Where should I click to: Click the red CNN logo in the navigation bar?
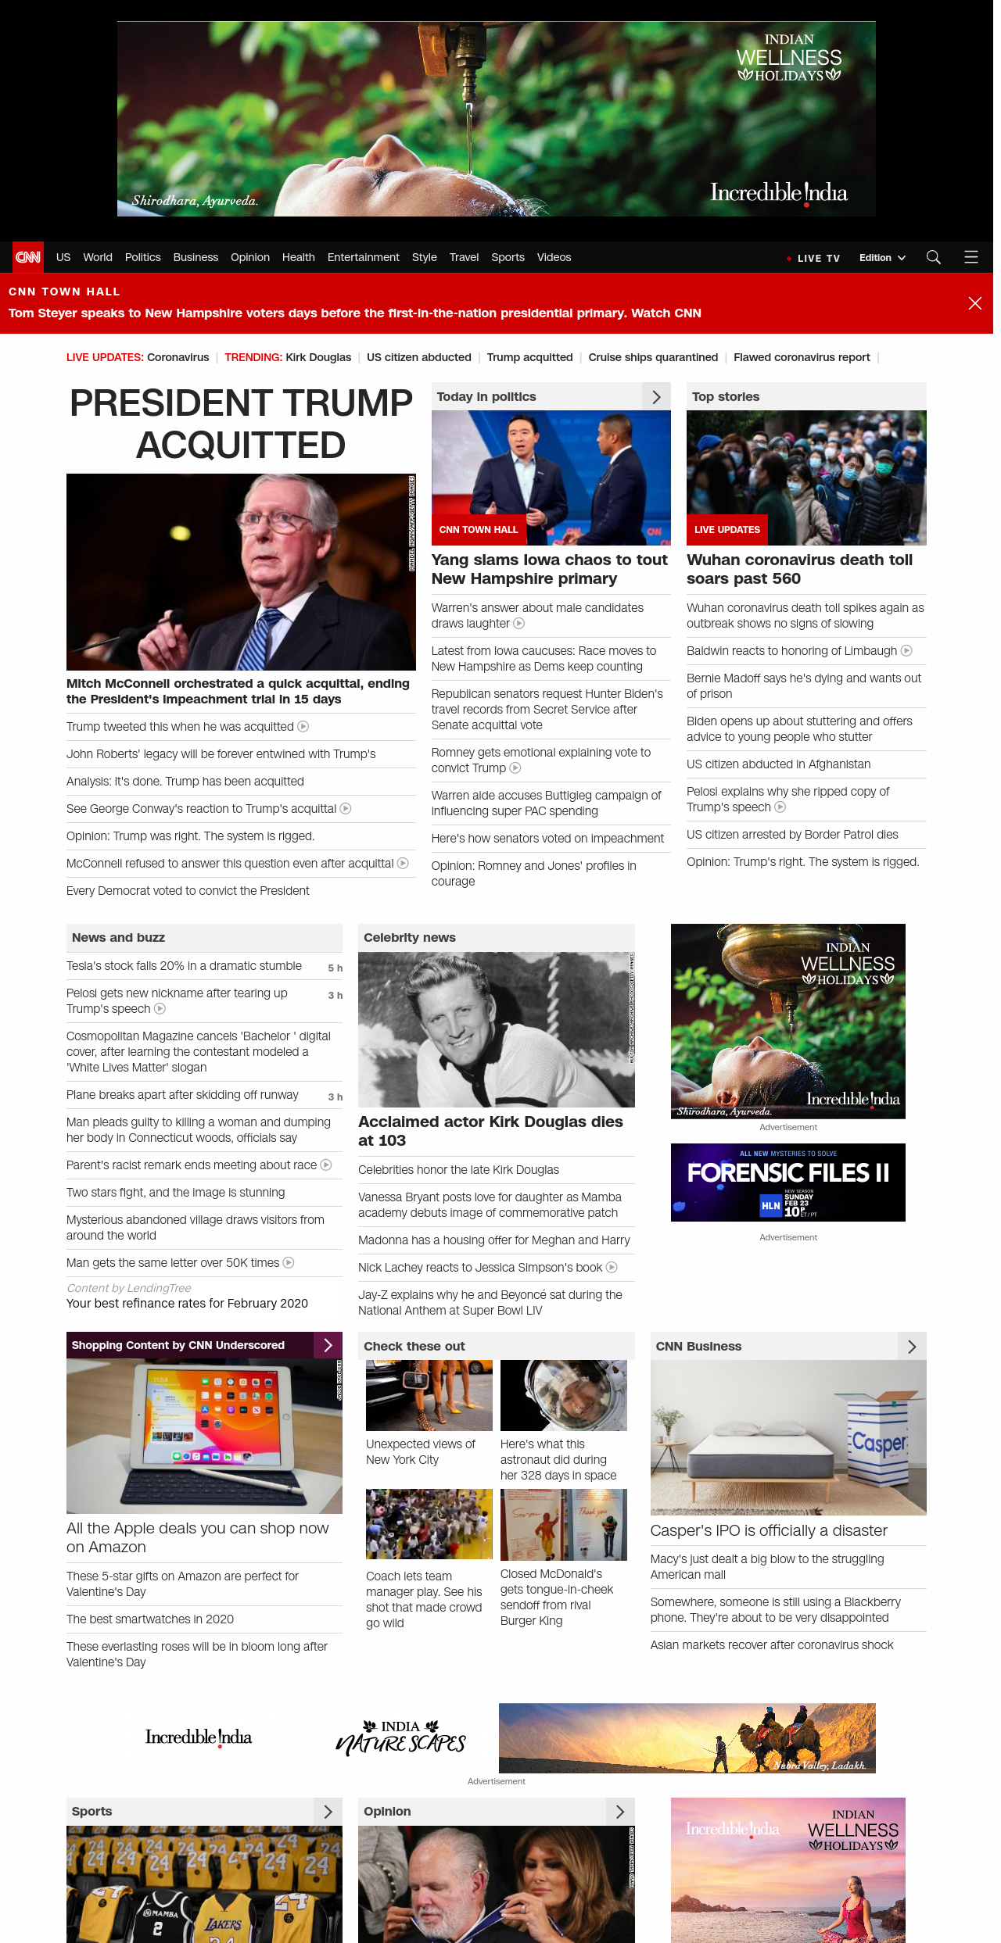(x=28, y=257)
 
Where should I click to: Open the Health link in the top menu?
(x=298, y=257)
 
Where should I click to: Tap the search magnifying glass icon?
(x=933, y=257)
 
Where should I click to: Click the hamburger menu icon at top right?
(x=971, y=257)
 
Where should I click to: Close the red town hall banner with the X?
(x=974, y=303)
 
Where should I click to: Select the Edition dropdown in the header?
(x=882, y=258)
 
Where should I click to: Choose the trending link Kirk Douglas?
(x=318, y=357)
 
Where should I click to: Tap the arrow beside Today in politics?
(x=656, y=397)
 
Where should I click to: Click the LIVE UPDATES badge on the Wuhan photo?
(x=727, y=530)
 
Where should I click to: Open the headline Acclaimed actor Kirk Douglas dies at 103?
(x=490, y=1131)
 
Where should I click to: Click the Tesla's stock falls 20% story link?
(x=184, y=966)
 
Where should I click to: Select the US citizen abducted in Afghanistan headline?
(x=778, y=764)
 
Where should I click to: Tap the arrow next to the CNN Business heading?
(x=912, y=1347)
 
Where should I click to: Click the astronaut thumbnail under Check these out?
(x=564, y=1395)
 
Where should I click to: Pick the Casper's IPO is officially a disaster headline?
(x=769, y=1530)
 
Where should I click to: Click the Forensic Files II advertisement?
(x=788, y=1183)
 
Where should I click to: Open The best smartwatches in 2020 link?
(x=150, y=1619)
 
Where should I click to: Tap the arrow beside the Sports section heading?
(x=328, y=1812)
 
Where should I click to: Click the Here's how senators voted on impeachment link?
(x=547, y=839)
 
